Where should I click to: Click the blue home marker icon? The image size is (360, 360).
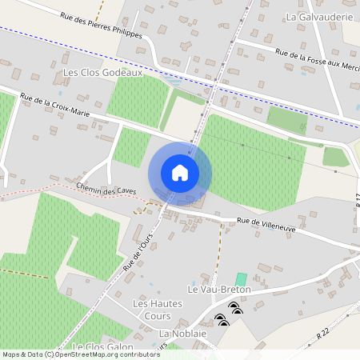(x=180, y=173)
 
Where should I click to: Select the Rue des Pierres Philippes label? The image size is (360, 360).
(x=101, y=24)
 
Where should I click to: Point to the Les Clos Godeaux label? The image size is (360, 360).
(x=102, y=73)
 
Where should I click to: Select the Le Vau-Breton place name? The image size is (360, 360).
(x=219, y=289)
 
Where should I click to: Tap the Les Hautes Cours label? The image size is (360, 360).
(x=158, y=310)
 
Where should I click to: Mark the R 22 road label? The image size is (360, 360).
(x=323, y=332)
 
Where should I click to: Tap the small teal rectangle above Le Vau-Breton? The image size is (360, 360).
(x=241, y=278)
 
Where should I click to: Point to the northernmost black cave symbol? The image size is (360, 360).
(x=234, y=306)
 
